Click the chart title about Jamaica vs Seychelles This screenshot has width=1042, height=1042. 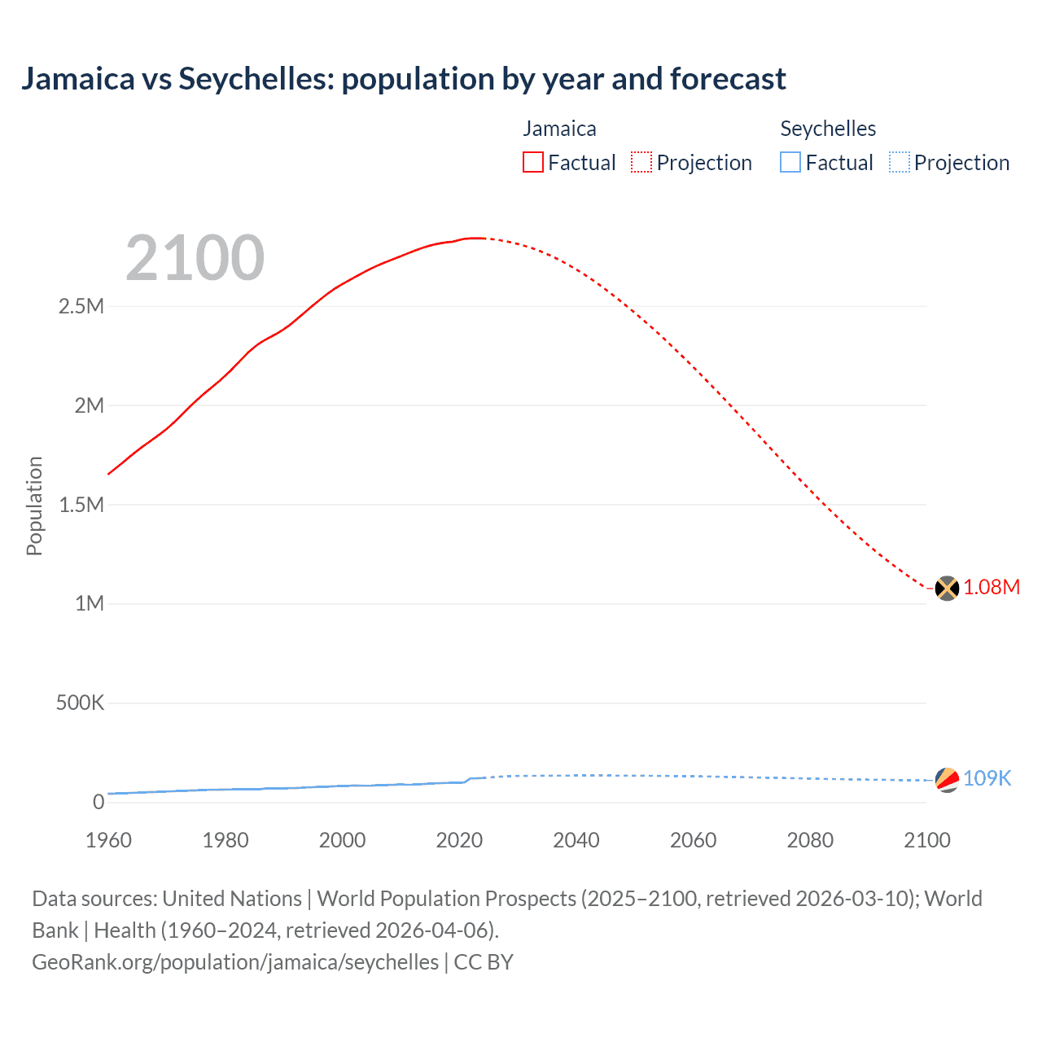[403, 79]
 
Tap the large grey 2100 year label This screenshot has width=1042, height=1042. [195, 258]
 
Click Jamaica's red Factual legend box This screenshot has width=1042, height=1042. [532, 162]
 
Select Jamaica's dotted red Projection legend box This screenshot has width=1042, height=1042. [641, 162]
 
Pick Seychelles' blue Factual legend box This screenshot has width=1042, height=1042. [790, 162]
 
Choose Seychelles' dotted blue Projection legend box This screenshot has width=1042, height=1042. [899, 162]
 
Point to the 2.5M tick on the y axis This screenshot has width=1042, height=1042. [81, 307]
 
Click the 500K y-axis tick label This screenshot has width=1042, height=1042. [80, 703]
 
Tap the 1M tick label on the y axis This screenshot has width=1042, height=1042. [90, 604]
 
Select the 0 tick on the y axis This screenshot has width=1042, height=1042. [99, 802]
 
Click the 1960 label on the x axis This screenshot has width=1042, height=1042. [108, 840]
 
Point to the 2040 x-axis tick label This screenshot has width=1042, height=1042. [576, 840]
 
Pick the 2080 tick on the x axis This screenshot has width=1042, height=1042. [810, 840]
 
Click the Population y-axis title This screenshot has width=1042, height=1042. [34, 506]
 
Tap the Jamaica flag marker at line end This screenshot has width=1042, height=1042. [947, 588]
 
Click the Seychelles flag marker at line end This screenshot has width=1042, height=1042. [947, 779]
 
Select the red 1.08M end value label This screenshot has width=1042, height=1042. [992, 588]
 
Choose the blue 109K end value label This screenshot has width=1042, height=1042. [987, 779]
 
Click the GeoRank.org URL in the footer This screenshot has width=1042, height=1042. [235, 962]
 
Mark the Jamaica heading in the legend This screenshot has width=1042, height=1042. [559, 129]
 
